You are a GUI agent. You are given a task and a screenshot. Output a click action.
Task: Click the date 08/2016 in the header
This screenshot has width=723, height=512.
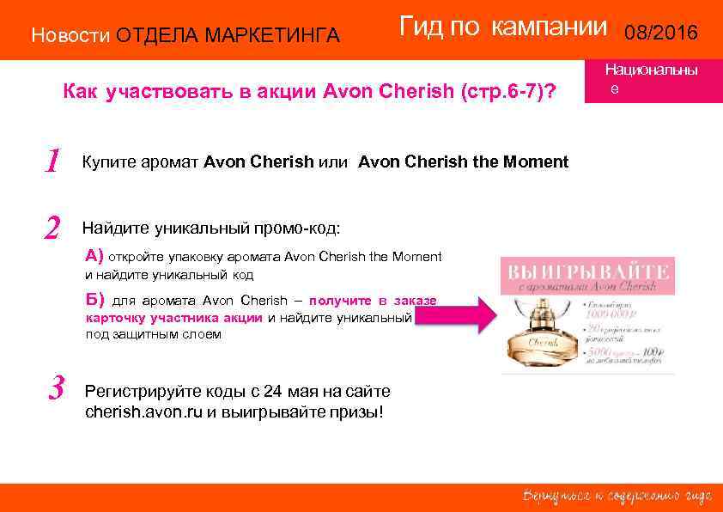point(662,34)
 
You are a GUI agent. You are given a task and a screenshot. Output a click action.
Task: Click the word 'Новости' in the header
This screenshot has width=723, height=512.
point(70,35)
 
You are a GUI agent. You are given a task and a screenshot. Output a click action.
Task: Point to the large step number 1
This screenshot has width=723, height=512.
point(53,161)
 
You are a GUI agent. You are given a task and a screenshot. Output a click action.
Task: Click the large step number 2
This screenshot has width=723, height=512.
point(52,228)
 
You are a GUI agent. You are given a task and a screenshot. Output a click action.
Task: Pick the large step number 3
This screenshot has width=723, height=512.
point(57,388)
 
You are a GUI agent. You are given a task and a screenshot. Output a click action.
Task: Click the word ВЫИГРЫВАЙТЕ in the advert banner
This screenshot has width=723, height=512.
point(588,272)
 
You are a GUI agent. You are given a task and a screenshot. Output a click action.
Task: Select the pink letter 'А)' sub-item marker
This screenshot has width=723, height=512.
point(94,255)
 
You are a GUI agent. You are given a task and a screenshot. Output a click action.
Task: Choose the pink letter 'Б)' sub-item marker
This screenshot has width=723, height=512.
point(94,300)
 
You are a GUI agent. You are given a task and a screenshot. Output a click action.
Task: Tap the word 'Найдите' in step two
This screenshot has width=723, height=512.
point(115,228)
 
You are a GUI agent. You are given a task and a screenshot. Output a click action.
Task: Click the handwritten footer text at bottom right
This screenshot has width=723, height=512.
point(617,496)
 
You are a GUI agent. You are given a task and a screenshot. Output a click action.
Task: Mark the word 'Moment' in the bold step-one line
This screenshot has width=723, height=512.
point(538,162)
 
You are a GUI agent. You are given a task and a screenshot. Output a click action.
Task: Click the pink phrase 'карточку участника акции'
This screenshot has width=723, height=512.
point(174,317)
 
